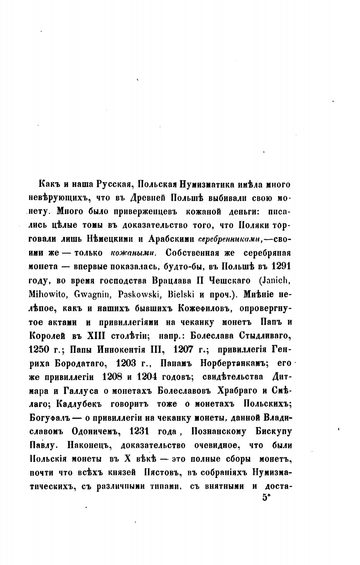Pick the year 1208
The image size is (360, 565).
115,377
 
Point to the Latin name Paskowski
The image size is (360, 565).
140,294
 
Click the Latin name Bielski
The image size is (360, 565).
182,294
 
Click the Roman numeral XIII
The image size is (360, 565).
97,335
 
